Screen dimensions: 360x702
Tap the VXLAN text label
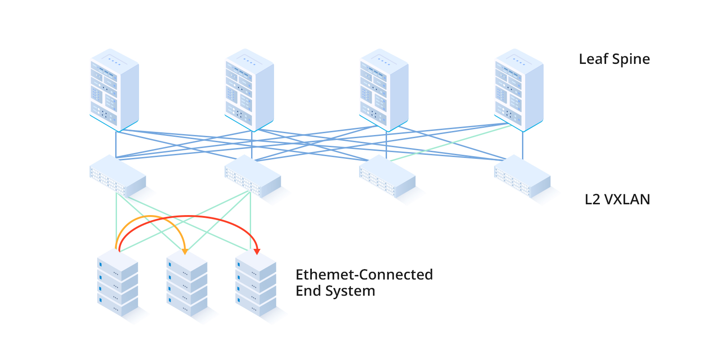click(x=626, y=199)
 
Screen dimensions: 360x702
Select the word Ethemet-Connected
click(x=364, y=274)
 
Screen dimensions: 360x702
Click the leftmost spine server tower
click(x=114, y=89)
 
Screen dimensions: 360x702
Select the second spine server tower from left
click(x=249, y=89)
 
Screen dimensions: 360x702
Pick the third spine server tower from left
click(x=384, y=89)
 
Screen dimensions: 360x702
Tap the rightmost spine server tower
click(x=519, y=89)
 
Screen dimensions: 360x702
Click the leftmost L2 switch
click(x=117, y=176)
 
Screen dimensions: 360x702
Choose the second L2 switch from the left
click(x=252, y=176)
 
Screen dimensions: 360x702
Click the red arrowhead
click(x=257, y=251)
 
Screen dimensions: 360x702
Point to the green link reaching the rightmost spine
click(x=450, y=143)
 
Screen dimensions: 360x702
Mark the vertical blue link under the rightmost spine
click(x=522, y=144)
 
